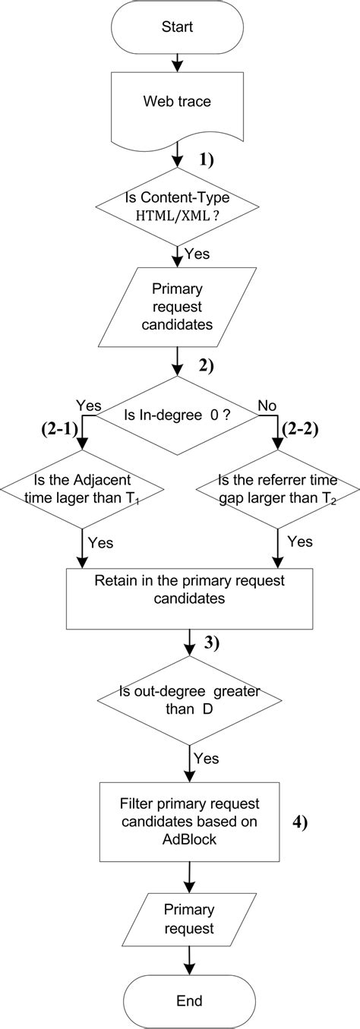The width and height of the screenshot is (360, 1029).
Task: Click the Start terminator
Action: coord(177,27)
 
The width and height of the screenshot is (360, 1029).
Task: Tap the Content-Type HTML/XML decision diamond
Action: coord(177,207)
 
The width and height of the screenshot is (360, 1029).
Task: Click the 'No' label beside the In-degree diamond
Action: coord(267,406)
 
